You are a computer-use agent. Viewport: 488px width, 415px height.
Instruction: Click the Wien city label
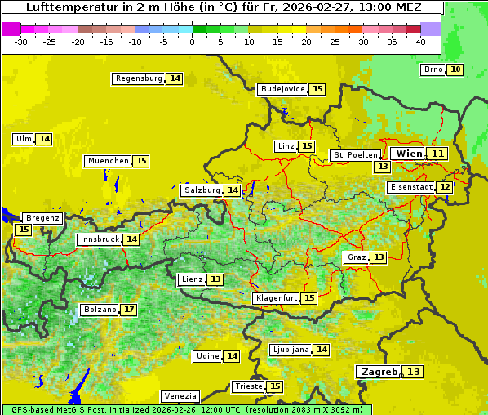410,154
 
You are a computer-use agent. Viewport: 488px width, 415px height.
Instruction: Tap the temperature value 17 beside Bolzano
129,310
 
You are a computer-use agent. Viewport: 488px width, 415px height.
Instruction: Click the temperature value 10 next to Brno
455,69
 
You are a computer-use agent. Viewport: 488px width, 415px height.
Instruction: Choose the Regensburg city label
139,78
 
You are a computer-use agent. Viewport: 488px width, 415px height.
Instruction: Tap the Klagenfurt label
275,298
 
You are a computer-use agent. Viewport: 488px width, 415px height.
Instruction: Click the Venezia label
180,395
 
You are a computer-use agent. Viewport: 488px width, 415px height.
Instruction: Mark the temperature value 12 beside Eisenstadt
445,187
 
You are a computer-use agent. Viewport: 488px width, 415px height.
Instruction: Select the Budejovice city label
282,89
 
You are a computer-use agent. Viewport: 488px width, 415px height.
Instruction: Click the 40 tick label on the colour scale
420,42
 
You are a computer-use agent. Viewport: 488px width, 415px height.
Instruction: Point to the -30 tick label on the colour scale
21,42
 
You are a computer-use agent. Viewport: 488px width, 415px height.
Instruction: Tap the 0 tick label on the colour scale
192,42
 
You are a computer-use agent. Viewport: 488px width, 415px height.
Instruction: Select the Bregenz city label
42,218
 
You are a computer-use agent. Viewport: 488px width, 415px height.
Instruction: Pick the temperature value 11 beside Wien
438,154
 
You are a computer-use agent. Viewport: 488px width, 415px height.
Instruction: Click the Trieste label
248,386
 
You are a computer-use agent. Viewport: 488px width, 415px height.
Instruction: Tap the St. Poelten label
355,154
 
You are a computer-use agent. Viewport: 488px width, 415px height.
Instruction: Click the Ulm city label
23,139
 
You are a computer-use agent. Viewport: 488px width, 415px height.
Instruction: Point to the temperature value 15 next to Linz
307,146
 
